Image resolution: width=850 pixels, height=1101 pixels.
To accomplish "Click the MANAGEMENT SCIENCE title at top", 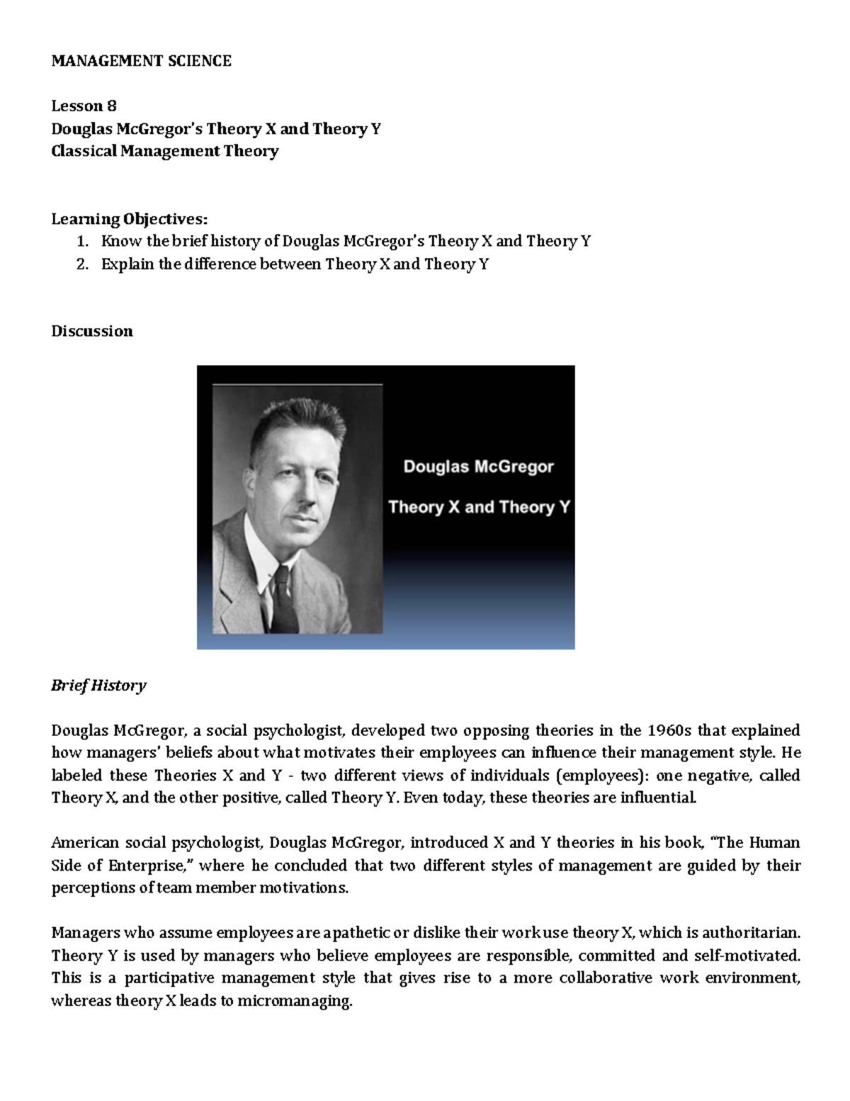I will point(141,61).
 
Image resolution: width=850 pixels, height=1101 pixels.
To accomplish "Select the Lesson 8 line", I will point(84,106).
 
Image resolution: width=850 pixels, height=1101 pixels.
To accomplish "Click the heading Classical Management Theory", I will point(164,151).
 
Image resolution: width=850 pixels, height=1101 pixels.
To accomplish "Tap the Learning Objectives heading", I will point(130,218).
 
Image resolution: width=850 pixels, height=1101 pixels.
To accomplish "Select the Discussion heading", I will point(91,331).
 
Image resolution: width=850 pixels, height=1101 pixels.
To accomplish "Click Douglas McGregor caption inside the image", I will point(478,467).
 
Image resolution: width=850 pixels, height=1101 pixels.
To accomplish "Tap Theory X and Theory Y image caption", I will point(479,508).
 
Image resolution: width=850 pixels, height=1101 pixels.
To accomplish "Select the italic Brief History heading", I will point(98,686).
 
